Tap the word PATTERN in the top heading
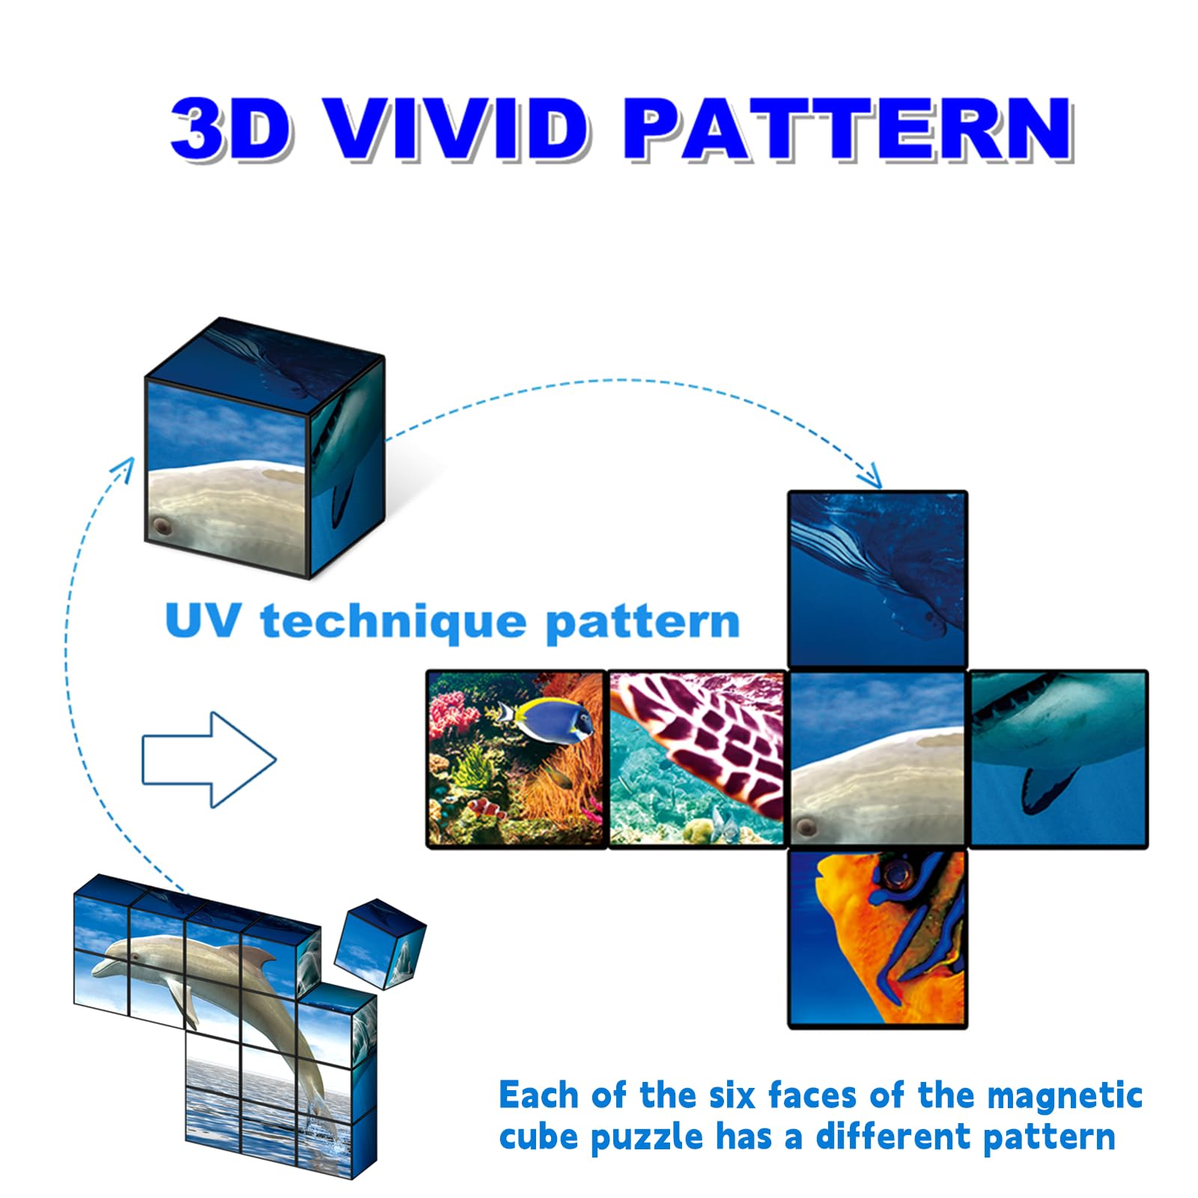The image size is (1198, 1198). [x=849, y=129]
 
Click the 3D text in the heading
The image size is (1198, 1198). [x=231, y=129]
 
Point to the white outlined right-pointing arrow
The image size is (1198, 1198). [x=209, y=759]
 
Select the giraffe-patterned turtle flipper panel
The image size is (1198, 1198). [x=696, y=759]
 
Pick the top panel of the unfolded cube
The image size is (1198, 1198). [x=878, y=579]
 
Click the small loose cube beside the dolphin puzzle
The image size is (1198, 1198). [x=380, y=943]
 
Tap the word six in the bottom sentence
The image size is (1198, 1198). [x=734, y=1096]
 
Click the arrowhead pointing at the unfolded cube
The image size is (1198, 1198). [x=872, y=476]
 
